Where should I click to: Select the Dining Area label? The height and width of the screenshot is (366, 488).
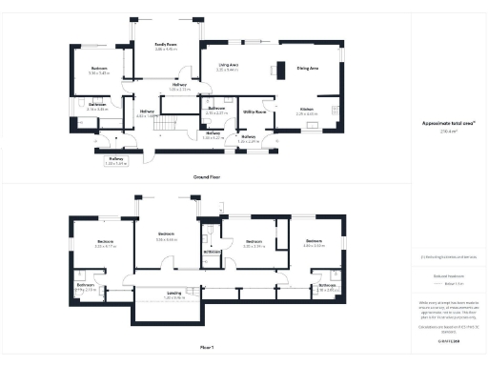pos(307,68)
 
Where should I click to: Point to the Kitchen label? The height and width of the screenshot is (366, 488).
pos(306,110)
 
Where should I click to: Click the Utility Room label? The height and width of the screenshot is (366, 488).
pos(254,112)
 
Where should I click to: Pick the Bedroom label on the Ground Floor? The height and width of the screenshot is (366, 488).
pos(99,70)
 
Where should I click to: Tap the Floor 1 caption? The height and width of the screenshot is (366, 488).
pos(207,348)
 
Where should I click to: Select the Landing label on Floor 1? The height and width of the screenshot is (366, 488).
pos(173,294)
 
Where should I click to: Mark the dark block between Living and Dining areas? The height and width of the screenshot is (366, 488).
pos(280,69)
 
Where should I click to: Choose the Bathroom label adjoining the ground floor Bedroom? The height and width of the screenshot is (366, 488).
pos(97,107)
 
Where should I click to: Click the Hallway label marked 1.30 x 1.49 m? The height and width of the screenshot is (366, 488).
pos(116,160)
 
